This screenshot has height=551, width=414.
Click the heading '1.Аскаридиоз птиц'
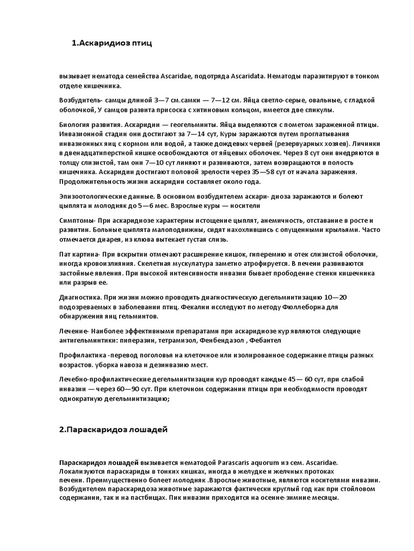point(112,43)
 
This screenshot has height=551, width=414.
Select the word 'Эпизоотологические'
point(93,196)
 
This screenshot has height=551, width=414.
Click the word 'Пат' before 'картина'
point(65,255)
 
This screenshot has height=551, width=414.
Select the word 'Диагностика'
point(80,297)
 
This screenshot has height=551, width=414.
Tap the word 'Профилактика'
point(82,356)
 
